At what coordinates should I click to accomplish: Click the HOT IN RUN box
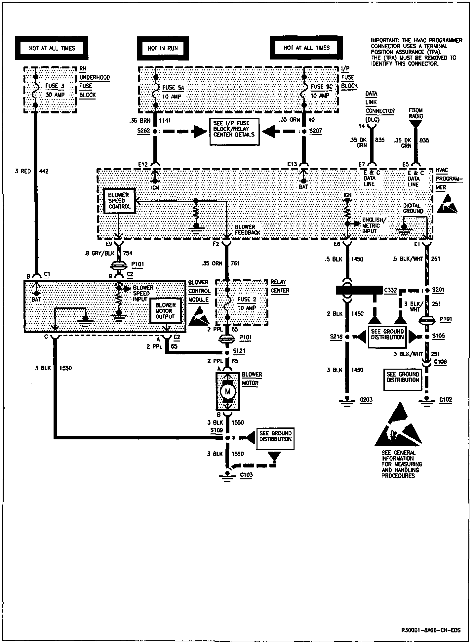pyautogui.click(x=163, y=48)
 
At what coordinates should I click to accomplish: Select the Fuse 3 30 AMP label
pyautogui.click(x=55, y=90)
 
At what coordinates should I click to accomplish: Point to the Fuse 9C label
pyautogui.click(x=321, y=87)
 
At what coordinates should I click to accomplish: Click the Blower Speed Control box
pyautogui.click(x=119, y=201)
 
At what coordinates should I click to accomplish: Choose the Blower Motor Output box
pyautogui.click(x=165, y=311)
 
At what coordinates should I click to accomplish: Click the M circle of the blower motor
pyautogui.click(x=227, y=392)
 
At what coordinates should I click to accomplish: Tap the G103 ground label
pyautogui.click(x=247, y=475)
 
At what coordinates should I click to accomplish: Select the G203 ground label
pyautogui.click(x=366, y=400)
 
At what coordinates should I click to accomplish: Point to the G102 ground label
pyautogui.click(x=446, y=400)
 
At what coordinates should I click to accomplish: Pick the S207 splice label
pyautogui.click(x=315, y=131)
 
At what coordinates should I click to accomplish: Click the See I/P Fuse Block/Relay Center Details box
pyautogui.click(x=234, y=132)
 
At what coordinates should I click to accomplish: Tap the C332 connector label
pyautogui.click(x=390, y=290)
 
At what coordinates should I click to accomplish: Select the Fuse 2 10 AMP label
pyautogui.click(x=247, y=303)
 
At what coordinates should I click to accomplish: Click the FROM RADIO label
pyautogui.click(x=416, y=113)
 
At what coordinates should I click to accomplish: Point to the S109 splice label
pyautogui.click(x=216, y=430)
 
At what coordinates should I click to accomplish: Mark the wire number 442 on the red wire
pyautogui.click(x=44, y=171)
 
